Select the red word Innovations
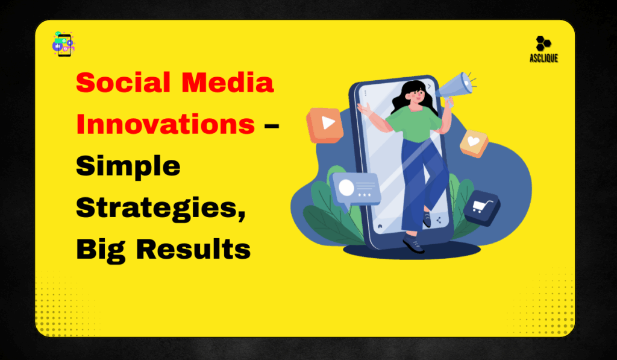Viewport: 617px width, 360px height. click(x=165, y=124)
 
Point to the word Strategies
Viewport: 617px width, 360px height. click(x=160, y=207)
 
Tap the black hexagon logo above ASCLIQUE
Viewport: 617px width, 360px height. click(x=543, y=44)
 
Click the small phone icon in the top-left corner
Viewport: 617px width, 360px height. click(x=63, y=44)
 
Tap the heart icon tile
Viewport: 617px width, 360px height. click(x=474, y=144)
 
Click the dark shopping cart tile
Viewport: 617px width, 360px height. click(x=483, y=207)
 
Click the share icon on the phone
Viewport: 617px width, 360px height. click(x=438, y=221)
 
